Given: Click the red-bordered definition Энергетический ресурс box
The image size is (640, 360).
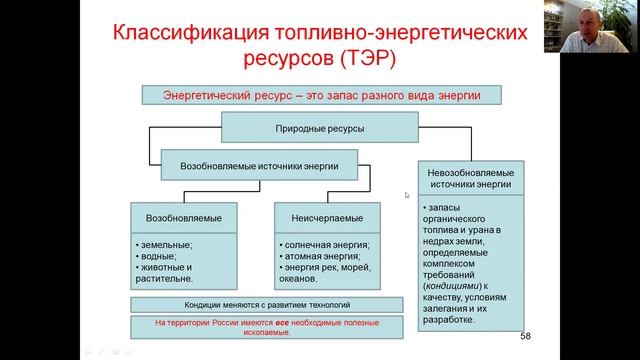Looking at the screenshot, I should point(319,96).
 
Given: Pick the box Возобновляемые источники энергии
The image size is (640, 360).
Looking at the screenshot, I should point(259,164).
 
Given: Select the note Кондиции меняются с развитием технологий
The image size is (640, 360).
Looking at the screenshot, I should point(254,304).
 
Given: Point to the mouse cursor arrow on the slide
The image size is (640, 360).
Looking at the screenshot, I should point(407,195).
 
